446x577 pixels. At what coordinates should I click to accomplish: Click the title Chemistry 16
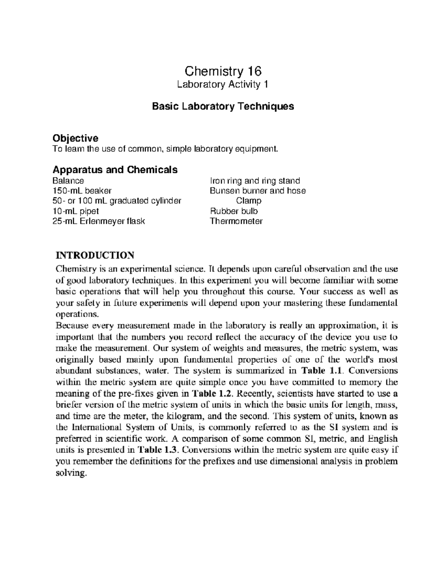223,71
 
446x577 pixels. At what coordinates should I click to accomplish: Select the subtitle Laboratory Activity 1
223,85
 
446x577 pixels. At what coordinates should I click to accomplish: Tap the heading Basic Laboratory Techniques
223,106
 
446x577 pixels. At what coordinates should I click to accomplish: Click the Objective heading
75,138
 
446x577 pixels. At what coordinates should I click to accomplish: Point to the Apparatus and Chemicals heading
115,170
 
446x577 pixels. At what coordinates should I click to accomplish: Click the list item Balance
68,181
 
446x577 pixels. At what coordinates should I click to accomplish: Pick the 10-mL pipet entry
76,211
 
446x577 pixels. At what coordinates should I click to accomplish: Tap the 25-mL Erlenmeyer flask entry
98,221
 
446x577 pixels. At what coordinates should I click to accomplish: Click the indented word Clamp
249,201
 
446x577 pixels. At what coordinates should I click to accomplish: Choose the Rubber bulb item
234,211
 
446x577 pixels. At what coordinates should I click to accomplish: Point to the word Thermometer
236,221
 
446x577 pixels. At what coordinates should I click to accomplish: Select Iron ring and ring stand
255,181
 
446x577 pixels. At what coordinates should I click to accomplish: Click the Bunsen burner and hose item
258,191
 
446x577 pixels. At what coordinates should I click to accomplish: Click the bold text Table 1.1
323,371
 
